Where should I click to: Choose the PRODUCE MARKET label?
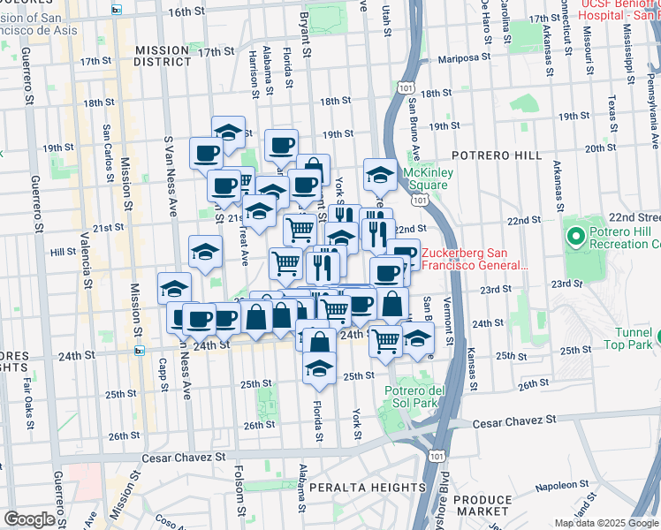(482, 506)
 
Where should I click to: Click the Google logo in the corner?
(30, 519)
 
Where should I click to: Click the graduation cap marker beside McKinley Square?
(380, 175)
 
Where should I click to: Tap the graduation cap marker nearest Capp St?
(175, 289)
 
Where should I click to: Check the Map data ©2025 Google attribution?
(606, 523)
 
